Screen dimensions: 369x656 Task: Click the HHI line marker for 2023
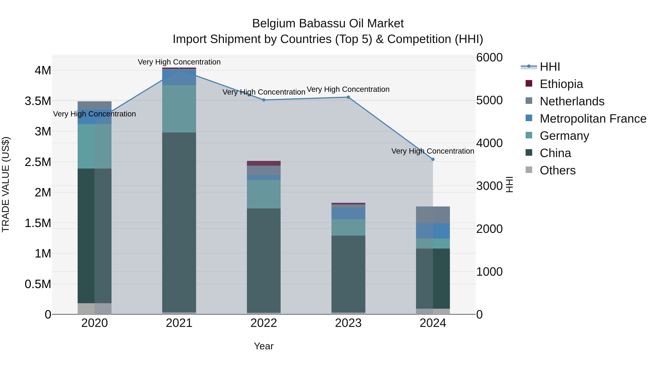(x=348, y=97)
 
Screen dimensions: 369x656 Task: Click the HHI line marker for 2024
(x=433, y=159)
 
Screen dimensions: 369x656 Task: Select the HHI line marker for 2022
(x=263, y=100)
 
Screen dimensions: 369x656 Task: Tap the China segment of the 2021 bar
(x=179, y=222)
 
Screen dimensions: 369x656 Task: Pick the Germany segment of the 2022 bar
(x=263, y=194)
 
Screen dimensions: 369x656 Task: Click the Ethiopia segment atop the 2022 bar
(x=263, y=163)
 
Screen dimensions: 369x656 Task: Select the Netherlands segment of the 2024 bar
(x=433, y=215)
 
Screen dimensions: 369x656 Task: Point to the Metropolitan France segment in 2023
(x=348, y=213)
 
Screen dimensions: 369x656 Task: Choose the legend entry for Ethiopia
(x=561, y=84)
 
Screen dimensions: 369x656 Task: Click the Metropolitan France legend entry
(x=593, y=119)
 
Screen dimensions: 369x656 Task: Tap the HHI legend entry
(x=550, y=67)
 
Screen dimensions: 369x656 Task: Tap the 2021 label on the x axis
(x=179, y=323)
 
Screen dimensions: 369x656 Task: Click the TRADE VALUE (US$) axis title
(x=6, y=184)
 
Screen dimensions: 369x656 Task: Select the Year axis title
(x=263, y=346)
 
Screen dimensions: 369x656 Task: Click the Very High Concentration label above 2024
(x=432, y=151)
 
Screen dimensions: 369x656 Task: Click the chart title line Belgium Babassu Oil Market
(x=328, y=24)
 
